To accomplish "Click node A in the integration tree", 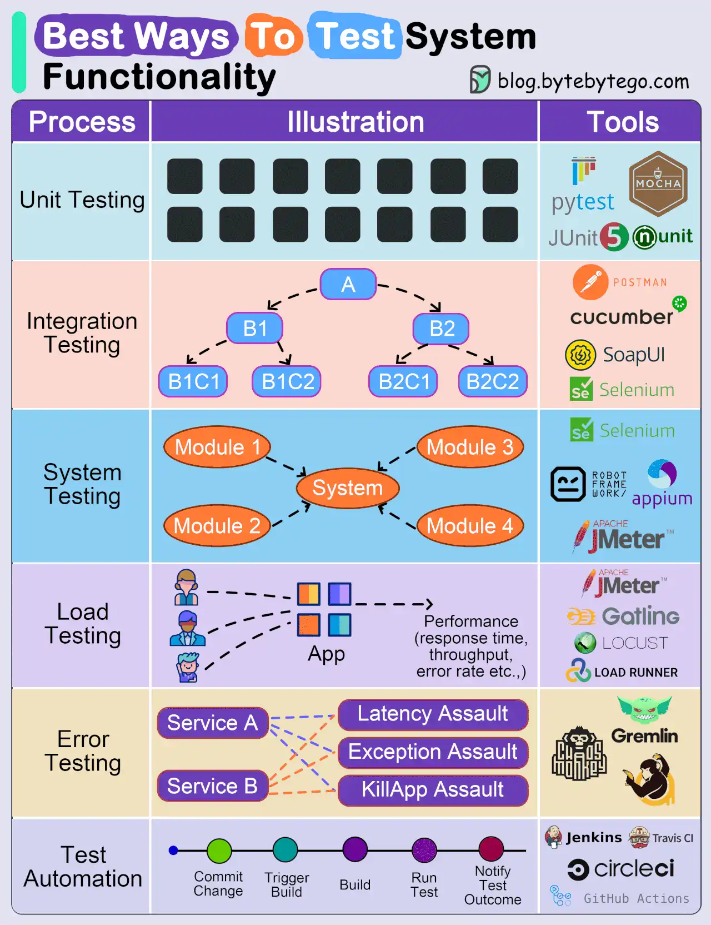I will tap(348, 285).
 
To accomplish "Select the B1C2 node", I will tap(287, 381).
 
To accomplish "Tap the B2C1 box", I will tap(404, 381).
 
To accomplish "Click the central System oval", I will tap(348, 488).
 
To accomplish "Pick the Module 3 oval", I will tap(470, 447).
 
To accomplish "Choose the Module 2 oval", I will tap(217, 526).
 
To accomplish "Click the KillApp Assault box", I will tap(433, 790).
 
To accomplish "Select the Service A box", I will tap(213, 723).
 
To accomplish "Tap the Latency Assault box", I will tap(433, 714).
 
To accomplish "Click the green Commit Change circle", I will tap(219, 851).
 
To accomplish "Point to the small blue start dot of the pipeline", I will tap(173, 851).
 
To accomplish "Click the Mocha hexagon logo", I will tap(658, 184).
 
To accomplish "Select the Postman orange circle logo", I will tap(590, 282).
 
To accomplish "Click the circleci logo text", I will tap(634, 869).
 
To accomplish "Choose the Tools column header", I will tap(622, 122).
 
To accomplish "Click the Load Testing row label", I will tap(82, 624).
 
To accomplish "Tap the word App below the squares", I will tap(326, 654).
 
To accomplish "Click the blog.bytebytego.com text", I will tap(593, 81).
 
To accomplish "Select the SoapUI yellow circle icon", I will tap(580, 355).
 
